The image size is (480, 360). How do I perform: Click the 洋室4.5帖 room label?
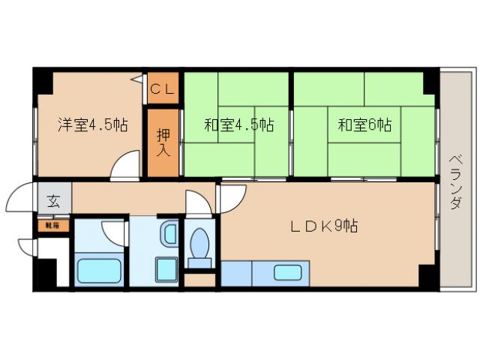point(92,125)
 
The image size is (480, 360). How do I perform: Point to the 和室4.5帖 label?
point(238,125)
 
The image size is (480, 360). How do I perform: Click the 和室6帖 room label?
point(364,125)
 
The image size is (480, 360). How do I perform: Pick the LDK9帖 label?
point(324,225)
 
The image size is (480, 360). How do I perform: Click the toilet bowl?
point(200,244)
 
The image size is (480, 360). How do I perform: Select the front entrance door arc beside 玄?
point(21,199)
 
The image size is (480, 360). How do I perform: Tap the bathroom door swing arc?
point(114,232)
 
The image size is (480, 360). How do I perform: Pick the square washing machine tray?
point(166,269)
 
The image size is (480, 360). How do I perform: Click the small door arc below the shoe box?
point(27,246)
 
